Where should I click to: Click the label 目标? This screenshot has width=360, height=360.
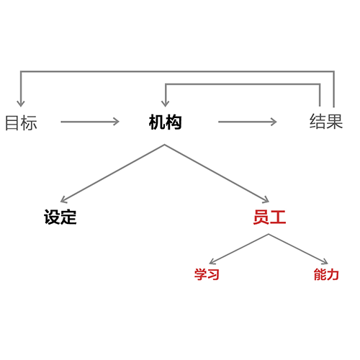click(21, 122)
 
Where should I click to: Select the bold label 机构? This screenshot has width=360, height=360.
click(165, 122)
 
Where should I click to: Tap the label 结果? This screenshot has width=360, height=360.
click(326, 121)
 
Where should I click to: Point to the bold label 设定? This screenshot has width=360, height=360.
click(60, 217)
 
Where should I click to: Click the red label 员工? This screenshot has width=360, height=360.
click(269, 217)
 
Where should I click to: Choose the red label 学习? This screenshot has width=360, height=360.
click(207, 274)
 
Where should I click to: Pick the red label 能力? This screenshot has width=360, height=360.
click(326, 274)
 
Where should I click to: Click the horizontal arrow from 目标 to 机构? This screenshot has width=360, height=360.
click(90, 122)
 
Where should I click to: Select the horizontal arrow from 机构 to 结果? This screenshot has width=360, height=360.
click(248, 122)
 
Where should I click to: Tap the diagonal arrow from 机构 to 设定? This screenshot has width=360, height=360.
click(112, 174)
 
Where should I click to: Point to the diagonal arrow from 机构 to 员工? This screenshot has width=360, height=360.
click(217, 174)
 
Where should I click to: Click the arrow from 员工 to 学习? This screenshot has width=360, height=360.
click(239, 249)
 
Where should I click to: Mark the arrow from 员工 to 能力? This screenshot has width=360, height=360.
click(298, 249)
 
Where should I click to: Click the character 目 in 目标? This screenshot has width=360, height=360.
click(13, 122)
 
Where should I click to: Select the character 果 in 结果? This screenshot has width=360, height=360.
click(334, 121)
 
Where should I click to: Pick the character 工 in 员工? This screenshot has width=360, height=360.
click(278, 217)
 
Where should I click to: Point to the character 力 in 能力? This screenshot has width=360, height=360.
click(333, 274)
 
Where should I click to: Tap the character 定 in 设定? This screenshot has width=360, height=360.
click(68, 217)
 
